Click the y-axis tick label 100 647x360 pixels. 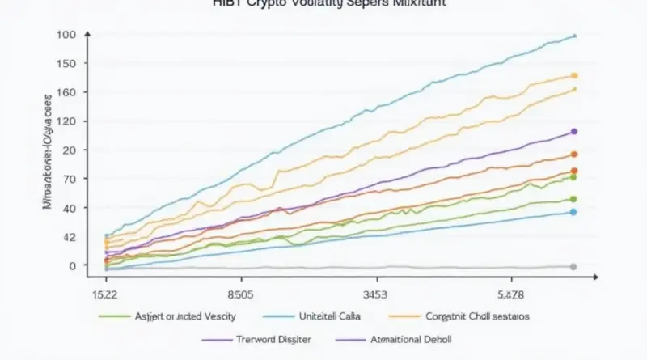(66, 36)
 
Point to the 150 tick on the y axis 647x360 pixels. (66, 64)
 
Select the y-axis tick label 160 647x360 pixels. (66, 92)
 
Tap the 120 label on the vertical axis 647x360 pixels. (66, 121)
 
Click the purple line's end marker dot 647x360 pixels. (573, 131)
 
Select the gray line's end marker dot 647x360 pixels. (573, 266)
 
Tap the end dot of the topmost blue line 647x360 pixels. (574, 36)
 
